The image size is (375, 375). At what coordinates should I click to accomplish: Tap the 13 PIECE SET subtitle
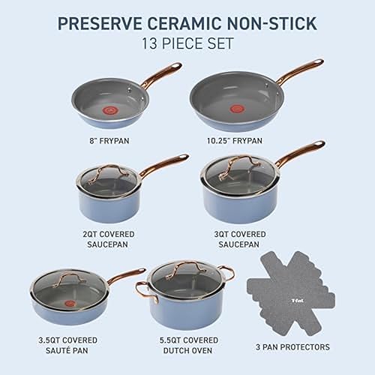[x=187, y=43]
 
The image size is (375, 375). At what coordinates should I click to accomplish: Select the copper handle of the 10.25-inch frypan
[x=299, y=73]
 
